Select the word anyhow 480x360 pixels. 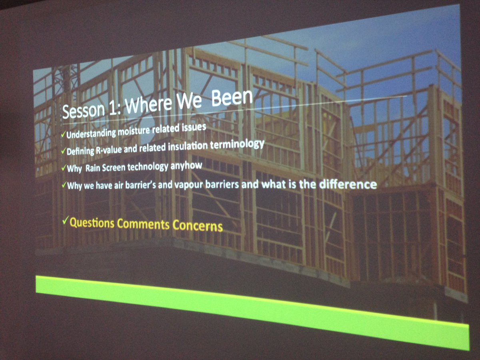(187, 165)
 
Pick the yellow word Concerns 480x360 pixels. (197, 226)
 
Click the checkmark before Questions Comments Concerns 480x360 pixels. (66, 220)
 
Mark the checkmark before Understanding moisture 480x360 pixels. (63, 136)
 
